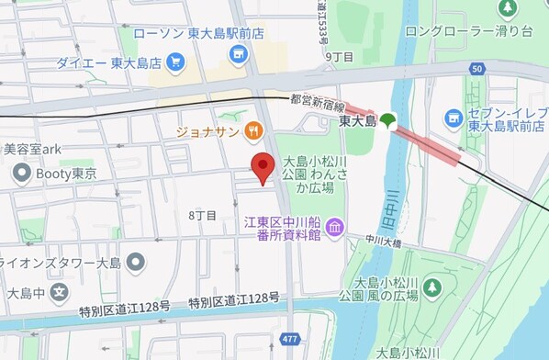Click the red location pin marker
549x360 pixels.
(263, 168)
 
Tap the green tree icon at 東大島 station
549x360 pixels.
(388, 120)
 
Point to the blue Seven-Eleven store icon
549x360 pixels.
(453, 117)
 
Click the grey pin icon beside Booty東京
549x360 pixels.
(21, 172)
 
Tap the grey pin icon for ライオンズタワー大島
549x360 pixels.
(136, 264)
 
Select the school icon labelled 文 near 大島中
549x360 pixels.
(58, 294)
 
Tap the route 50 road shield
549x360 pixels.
(476, 69)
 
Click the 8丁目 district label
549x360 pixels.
(202, 215)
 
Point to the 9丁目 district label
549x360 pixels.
(339, 57)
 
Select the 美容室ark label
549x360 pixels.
(32, 148)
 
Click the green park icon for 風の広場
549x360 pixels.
(431, 288)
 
